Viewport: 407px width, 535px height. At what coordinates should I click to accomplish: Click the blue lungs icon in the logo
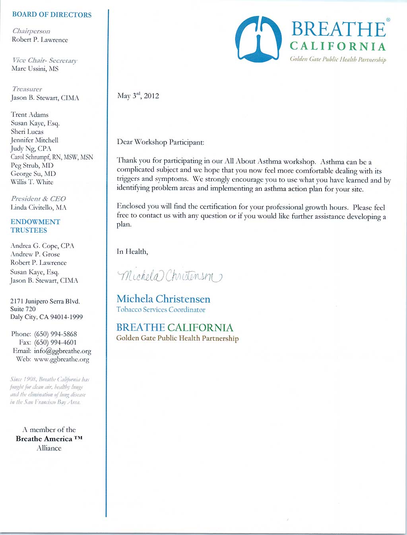(258, 39)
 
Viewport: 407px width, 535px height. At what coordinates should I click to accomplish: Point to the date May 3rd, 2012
(138, 96)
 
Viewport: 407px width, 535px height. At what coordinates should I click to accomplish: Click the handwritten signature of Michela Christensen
(170, 275)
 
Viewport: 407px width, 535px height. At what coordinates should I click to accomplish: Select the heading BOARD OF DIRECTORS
(52, 15)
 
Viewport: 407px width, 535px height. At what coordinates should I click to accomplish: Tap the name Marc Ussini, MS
(35, 69)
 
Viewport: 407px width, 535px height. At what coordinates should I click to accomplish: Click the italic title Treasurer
(27, 89)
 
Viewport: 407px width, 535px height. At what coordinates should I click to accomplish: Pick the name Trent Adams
(30, 115)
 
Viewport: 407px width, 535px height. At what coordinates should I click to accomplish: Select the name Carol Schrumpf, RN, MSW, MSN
(52, 157)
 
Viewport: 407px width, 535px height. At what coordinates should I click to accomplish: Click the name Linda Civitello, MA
(39, 207)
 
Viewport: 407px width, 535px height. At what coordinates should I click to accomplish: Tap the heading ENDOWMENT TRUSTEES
(35, 226)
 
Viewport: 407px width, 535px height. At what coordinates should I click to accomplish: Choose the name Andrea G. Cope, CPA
(42, 246)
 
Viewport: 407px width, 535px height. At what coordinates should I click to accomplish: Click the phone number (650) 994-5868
(56, 334)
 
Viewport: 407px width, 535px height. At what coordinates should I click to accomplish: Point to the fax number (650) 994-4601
(56, 342)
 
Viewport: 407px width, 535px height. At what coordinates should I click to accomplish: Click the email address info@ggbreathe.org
(62, 351)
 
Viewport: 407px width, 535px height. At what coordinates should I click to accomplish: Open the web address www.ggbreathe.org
(62, 359)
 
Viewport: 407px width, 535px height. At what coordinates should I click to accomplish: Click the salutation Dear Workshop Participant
(160, 142)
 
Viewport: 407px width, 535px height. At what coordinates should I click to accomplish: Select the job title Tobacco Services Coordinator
(161, 309)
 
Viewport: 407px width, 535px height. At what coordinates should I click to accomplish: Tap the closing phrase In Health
(132, 251)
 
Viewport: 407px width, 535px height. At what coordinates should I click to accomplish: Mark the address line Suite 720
(23, 309)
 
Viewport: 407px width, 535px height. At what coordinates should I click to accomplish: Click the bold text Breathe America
(44, 439)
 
